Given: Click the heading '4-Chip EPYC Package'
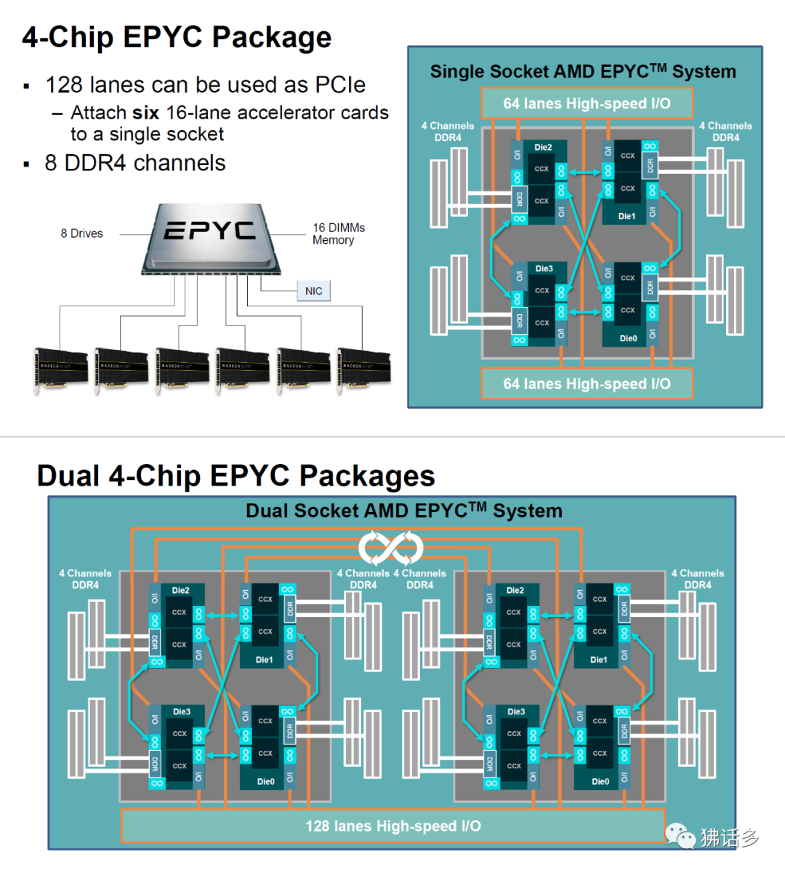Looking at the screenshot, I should point(177,37).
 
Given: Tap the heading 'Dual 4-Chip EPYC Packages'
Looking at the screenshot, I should point(235,476).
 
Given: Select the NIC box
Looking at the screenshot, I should point(313,291).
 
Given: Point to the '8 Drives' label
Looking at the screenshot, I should point(81,234).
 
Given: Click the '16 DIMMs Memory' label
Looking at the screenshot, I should point(338,234).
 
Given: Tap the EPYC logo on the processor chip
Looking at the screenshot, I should point(209,231).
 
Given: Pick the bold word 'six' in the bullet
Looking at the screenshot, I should point(145,113).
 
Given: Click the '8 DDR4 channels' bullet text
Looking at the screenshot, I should point(135,163).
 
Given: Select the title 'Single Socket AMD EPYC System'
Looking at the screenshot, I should point(583,71).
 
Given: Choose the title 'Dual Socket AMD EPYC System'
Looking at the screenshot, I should point(403,511).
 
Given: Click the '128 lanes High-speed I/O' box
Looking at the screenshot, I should point(392,826).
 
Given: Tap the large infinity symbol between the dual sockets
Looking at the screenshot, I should point(391,548).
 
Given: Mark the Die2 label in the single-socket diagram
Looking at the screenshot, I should point(543,148).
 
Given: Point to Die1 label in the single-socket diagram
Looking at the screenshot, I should point(627,216).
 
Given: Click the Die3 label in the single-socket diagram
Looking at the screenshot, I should point(544,269).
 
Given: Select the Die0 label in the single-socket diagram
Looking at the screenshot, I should point(628,338).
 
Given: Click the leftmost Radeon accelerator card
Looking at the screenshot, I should point(61,369).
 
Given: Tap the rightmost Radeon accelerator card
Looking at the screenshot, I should point(364,369).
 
